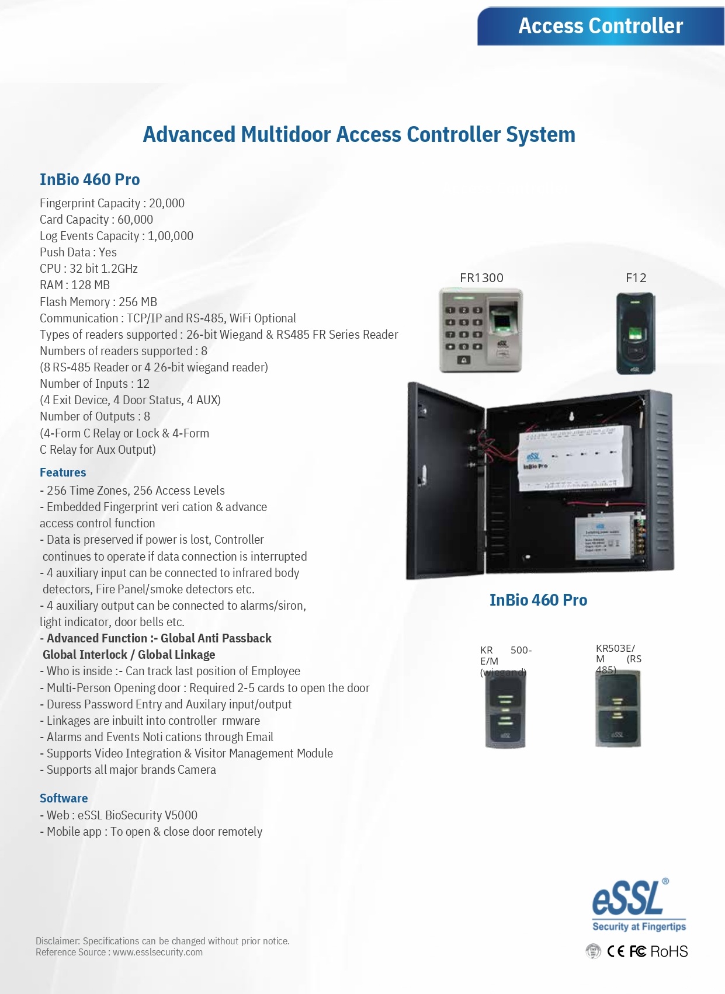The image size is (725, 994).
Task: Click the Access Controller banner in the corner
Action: [x=601, y=26]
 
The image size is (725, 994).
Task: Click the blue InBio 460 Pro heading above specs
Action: [x=90, y=179]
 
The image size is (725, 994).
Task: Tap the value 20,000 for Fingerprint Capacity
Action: [x=166, y=203]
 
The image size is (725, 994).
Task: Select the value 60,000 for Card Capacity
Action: [x=135, y=220]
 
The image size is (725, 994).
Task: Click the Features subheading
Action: [x=63, y=472]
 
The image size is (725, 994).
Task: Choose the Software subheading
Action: [x=64, y=798]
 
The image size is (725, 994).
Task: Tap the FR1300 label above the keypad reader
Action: [x=481, y=278]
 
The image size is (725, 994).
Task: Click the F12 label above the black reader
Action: [x=636, y=278]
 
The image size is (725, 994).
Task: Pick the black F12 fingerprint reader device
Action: [x=636, y=333]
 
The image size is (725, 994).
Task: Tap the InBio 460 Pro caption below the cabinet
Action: [x=538, y=600]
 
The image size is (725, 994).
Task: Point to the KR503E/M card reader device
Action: [x=618, y=710]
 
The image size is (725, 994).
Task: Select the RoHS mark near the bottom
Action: [x=669, y=951]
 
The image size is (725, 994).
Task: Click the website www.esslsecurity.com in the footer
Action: [x=158, y=952]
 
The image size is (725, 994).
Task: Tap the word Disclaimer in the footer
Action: [x=57, y=941]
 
